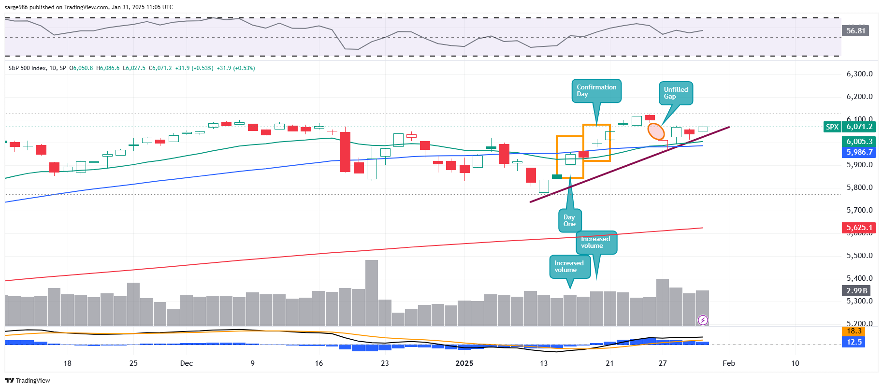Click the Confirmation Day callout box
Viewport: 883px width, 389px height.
pyautogui.click(x=596, y=91)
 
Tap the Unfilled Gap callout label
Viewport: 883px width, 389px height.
pyautogui.click(x=675, y=93)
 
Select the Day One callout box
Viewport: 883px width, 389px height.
pyautogui.click(x=569, y=221)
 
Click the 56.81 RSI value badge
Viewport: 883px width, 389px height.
pyautogui.click(x=855, y=31)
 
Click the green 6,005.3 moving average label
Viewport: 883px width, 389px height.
pyautogui.click(x=859, y=142)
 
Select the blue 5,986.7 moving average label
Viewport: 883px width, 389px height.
pyautogui.click(x=859, y=152)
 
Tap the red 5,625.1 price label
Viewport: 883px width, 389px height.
pyautogui.click(x=859, y=228)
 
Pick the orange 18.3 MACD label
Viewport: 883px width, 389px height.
pyautogui.click(x=854, y=331)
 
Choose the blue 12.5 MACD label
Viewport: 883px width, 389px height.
pyautogui.click(x=854, y=342)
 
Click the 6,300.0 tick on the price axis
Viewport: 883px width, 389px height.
pyautogui.click(x=859, y=74)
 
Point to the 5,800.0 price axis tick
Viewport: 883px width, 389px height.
pyautogui.click(x=859, y=187)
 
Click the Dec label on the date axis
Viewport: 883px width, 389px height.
pyautogui.click(x=186, y=363)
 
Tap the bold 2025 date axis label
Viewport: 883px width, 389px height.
pyautogui.click(x=464, y=363)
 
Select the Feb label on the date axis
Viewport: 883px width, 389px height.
pyautogui.click(x=729, y=363)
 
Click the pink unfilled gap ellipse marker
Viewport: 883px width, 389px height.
pyautogui.click(x=656, y=131)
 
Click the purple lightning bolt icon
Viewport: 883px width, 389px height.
pyautogui.click(x=703, y=320)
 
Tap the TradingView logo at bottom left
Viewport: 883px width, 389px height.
pyautogui.click(x=28, y=381)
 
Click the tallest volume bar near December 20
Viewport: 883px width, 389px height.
pyautogui.click(x=372, y=293)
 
